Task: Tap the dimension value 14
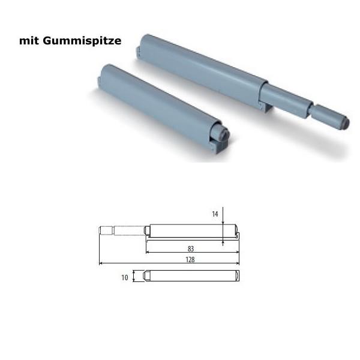[x=214, y=213]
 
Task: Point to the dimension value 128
[x=191, y=260]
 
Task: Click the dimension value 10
[x=124, y=277]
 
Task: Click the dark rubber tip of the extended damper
[x=341, y=119]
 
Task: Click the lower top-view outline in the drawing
[x=192, y=276]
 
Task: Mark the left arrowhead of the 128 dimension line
[x=101, y=263]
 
